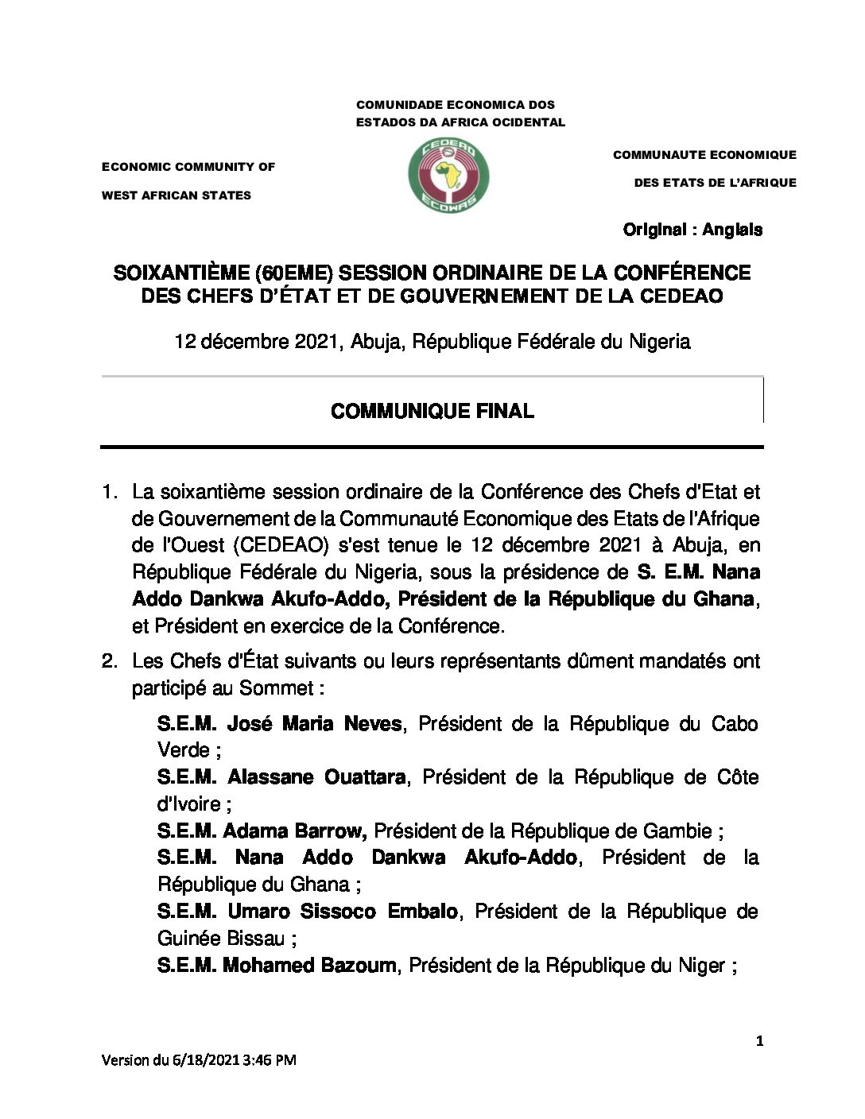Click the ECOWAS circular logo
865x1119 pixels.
pyautogui.click(x=448, y=176)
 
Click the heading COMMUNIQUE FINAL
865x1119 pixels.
pyautogui.click(x=432, y=411)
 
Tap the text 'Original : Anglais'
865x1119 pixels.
pyautogui.click(x=692, y=230)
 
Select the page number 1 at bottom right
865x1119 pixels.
pyautogui.click(x=760, y=1041)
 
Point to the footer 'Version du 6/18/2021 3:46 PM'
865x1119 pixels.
pyautogui.click(x=199, y=1060)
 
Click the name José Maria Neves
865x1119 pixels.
pyautogui.click(x=314, y=724)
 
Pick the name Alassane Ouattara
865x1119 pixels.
pyautogui.click(x=316, y=777)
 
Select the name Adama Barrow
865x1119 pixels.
pyautogui.click(x=294, y=831)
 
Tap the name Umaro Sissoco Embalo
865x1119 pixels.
pyautogui.click(x=343, y=912)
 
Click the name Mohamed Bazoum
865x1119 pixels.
pyautogui.click(x=309, y=966)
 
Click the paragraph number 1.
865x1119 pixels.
pyautogui.click(x=109, y=493)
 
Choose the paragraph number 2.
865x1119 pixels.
pyautogui.click(x=109, y=661)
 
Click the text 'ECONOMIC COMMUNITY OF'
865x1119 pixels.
pyautogui.click(x=188, y=167)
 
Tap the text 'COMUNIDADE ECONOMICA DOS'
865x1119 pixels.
pyautogui.click(x=456, y=105)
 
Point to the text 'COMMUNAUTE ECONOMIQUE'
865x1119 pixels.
pyautogui.click(x=704, y=155)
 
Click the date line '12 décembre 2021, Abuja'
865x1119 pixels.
pyautogui.click(x=432, y=342)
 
